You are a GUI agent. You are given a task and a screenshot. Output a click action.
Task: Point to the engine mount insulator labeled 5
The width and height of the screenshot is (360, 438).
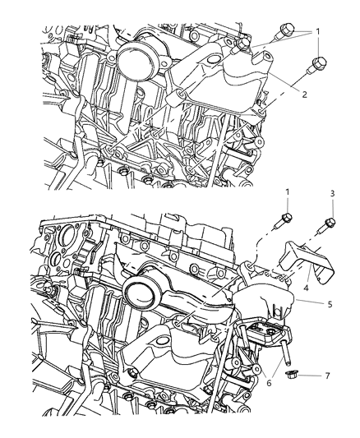click(263, 304)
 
